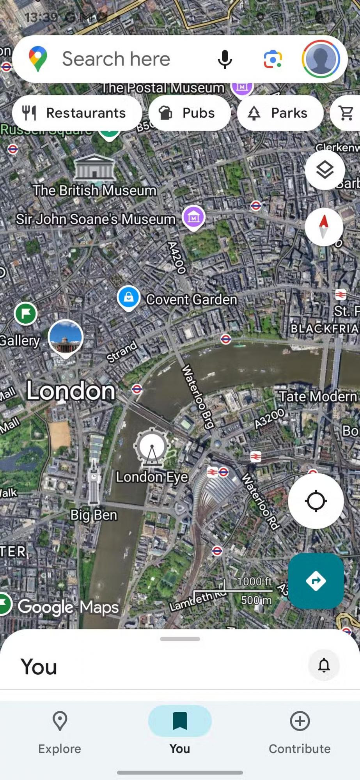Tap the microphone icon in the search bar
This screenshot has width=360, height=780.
point(225,59)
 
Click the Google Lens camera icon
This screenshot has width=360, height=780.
point(273,59)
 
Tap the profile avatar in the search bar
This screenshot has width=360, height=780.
point(321,59)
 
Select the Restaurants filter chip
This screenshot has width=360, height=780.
point(77,113)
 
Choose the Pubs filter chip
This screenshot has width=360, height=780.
point(190,113)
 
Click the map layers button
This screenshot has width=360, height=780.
point(325,170)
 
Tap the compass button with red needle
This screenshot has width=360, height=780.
point(324,227)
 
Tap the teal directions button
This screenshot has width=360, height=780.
point(316,581)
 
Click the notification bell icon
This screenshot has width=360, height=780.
point(324,665)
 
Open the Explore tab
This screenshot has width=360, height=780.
point(60,731)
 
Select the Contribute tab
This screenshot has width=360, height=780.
point(300,731)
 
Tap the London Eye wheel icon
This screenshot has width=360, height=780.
point(152,448)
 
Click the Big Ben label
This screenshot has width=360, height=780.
point(94,515)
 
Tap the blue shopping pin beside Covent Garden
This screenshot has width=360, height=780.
point(128,298)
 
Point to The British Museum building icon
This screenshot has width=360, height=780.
point(94,168)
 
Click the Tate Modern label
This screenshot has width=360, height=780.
point(317,397)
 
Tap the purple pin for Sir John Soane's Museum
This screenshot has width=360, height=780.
point(193,217)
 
